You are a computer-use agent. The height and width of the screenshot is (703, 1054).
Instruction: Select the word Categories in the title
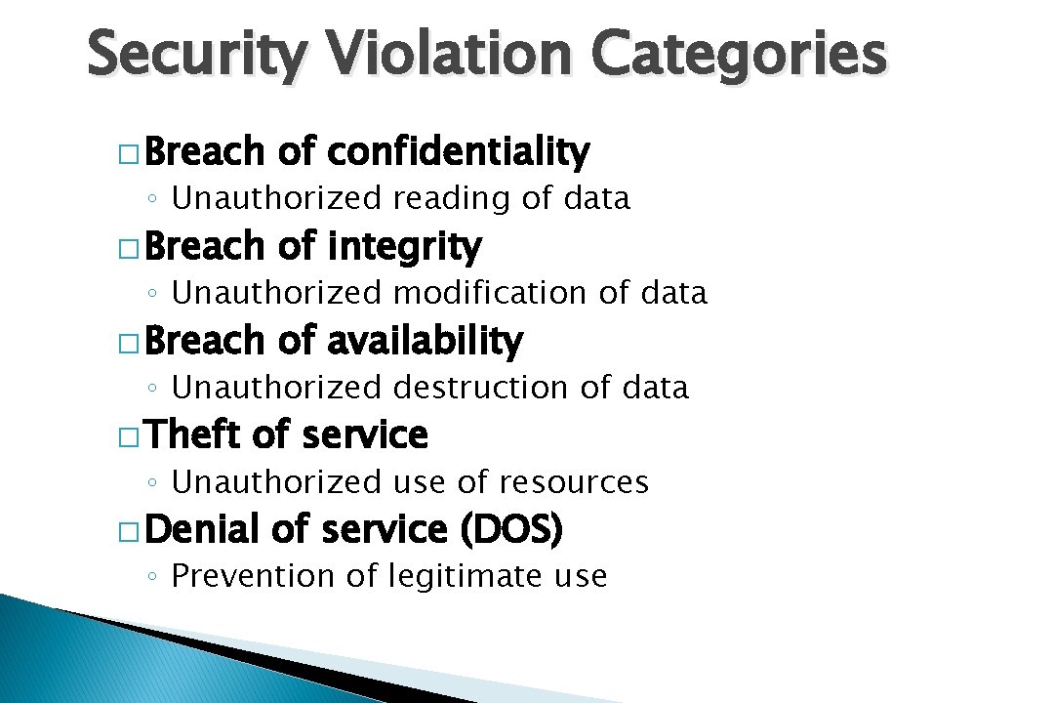click(x=739, y=56)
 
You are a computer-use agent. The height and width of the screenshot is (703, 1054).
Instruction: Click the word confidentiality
click(x=458, y=152)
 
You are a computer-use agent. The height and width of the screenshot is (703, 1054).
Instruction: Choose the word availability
click(x=425, y=342)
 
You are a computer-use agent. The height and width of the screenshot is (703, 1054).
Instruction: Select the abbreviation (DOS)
click(x=510, y=530)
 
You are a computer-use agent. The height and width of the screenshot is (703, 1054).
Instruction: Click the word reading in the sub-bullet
click(x=453, y=199)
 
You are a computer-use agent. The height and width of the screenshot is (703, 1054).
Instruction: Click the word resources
click(x=573, y=482)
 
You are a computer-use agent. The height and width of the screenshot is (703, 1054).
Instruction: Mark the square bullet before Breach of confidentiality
click(x=127, y=155)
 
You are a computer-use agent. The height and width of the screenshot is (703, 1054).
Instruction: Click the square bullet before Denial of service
click(x=127, y=533)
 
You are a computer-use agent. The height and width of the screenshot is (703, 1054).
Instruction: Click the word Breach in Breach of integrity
click(x=205, y=247)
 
